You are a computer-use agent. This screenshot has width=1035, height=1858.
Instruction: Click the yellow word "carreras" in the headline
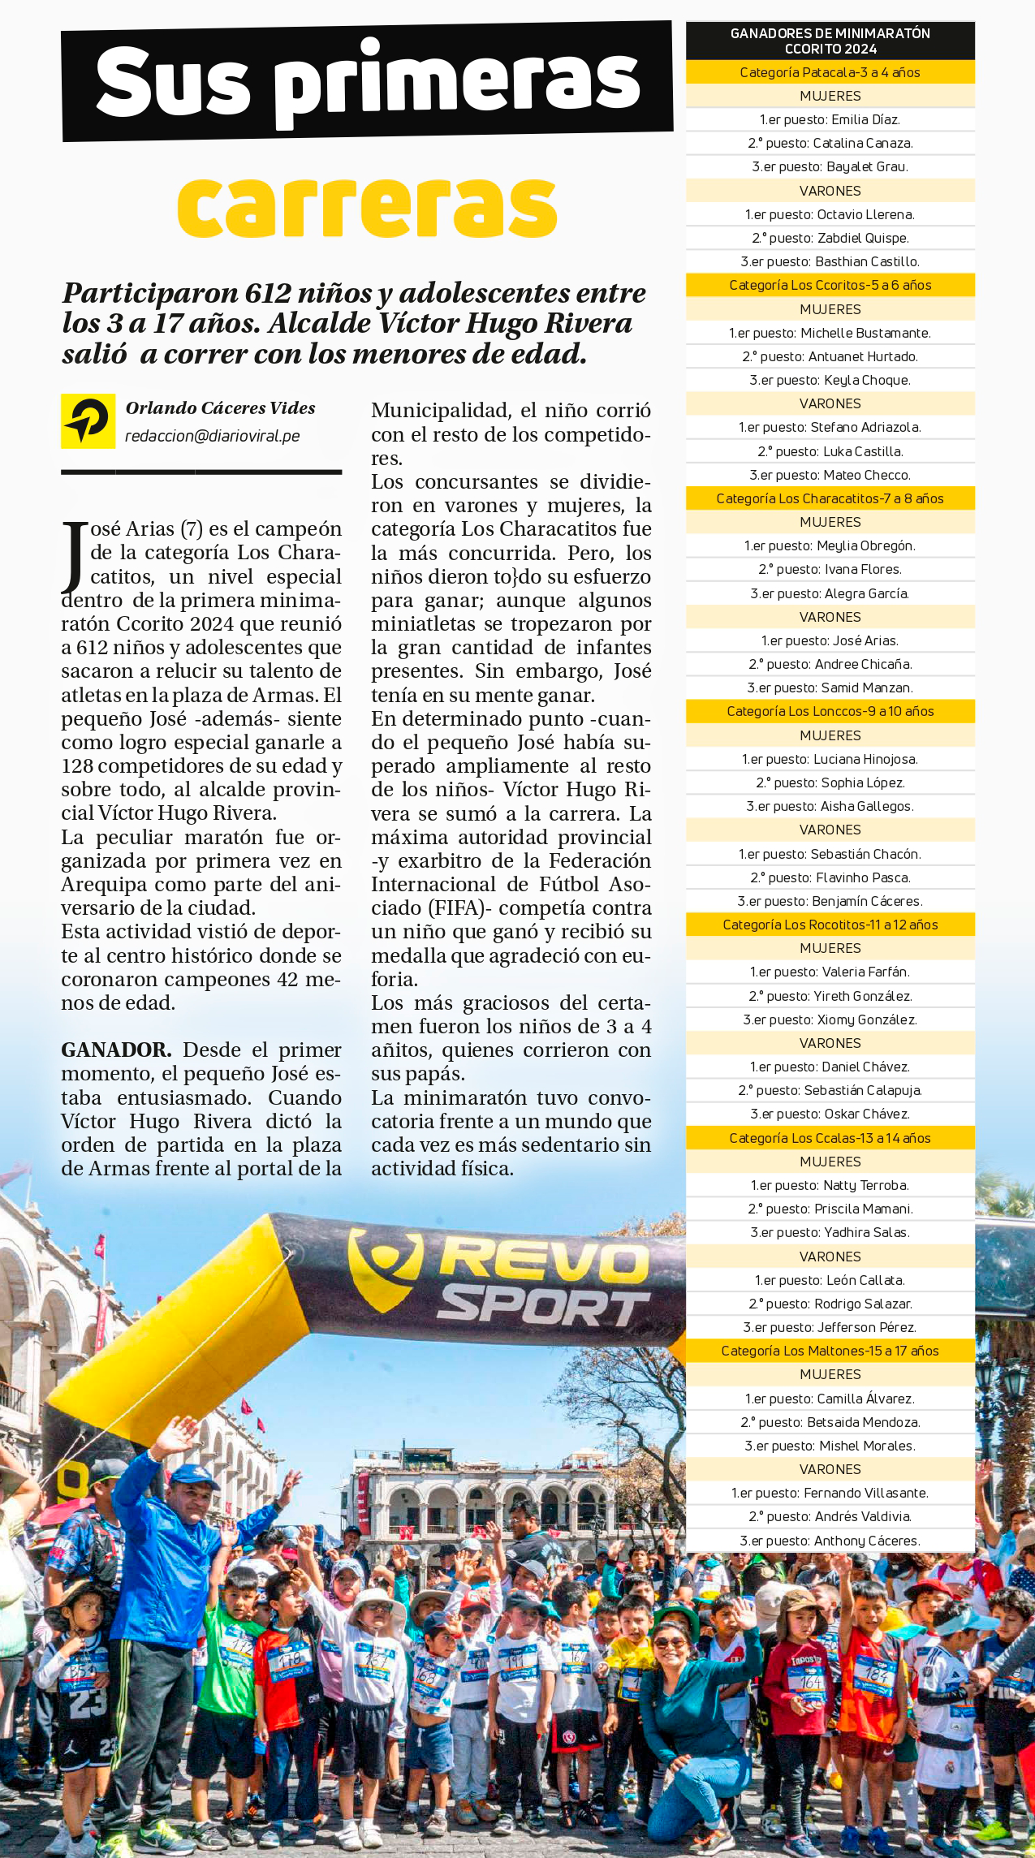click(x=367, y=207)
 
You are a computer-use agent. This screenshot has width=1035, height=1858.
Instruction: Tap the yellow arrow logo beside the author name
click(x=88, y=420)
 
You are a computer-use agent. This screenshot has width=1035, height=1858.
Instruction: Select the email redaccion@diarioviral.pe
click(x=212, y=436)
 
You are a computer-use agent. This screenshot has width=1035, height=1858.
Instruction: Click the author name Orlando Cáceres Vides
click(x=220, y=407)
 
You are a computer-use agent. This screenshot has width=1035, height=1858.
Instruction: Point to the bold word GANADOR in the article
click(x=116, y=1050)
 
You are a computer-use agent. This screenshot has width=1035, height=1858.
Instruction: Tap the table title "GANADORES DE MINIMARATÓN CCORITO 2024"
click(x=830, y=41)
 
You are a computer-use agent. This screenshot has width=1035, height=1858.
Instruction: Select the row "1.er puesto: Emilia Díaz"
click(x=830, y=119)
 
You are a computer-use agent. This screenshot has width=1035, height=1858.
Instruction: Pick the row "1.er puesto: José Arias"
click(x=830, y=640)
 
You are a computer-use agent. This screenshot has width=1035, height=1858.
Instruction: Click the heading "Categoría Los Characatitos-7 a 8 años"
click(x=830, y=498)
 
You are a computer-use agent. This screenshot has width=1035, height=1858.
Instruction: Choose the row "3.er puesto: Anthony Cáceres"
click(x=830, y=1541)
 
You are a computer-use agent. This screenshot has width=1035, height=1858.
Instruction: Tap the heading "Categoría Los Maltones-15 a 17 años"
click(x=830, y=1351)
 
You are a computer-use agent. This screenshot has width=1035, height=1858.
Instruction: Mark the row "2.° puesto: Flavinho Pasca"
click(x=830, y=877)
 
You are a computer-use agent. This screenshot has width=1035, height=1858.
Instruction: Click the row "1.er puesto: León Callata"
click(x=830, y=1280)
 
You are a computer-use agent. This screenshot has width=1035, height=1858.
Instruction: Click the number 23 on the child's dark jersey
click(x=87, y=1703)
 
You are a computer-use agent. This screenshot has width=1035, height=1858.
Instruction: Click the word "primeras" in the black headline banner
click(x=457, y=81)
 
